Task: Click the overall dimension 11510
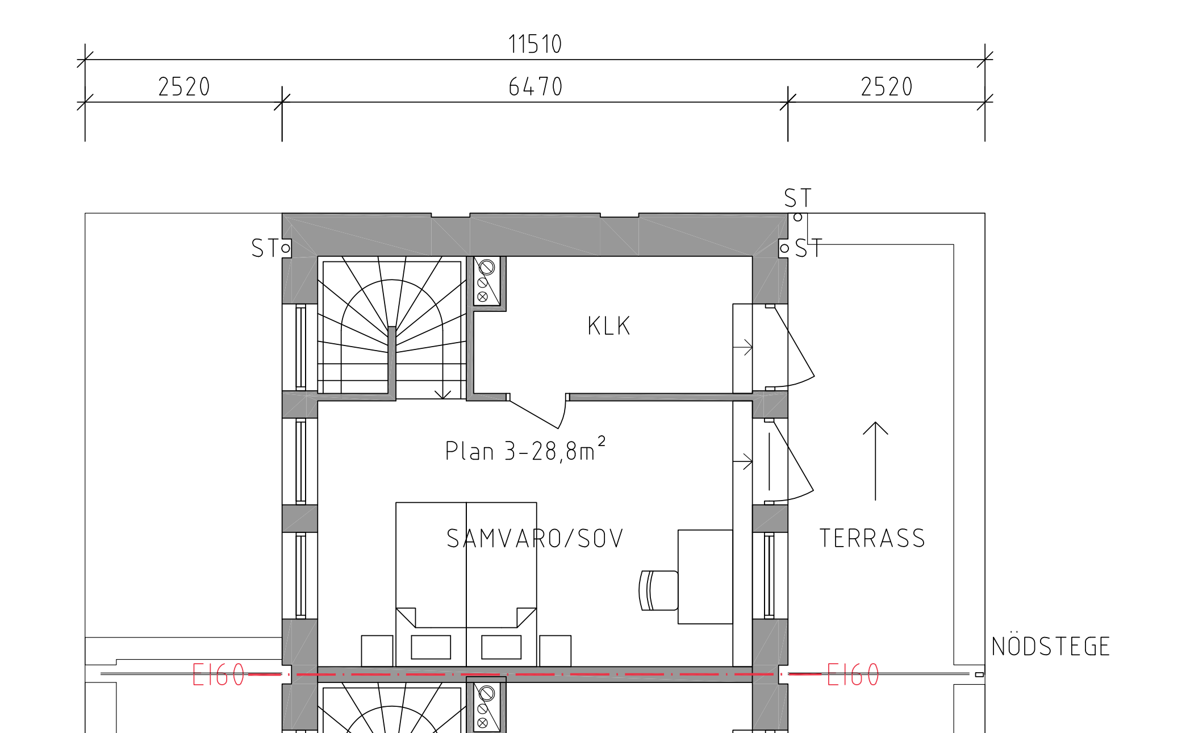point(535,44)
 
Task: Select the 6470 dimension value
point(535,87)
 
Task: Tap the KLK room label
point(609,326)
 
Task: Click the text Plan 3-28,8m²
point(525,449)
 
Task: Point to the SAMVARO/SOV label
point(535,539)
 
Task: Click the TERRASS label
point(872,539)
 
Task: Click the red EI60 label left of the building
point(219,675)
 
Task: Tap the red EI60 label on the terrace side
point(853,675)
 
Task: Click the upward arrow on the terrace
point(875,461)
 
